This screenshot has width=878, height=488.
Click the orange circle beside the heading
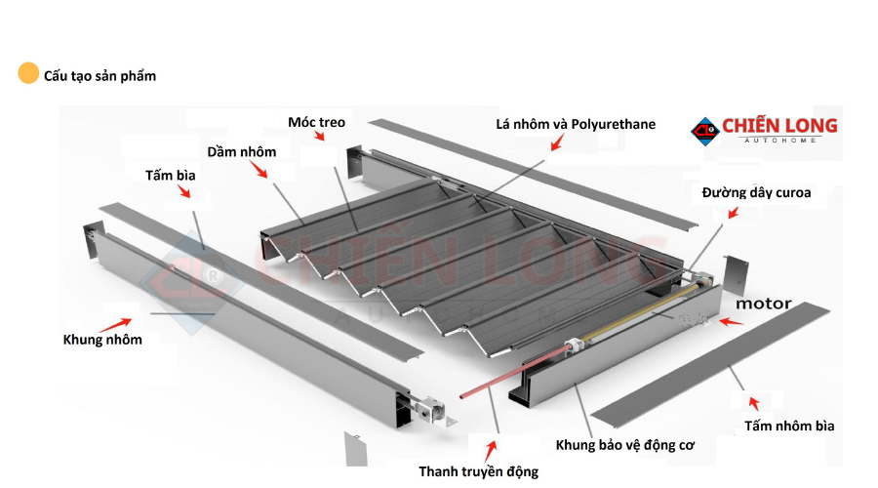(x=28, y=74)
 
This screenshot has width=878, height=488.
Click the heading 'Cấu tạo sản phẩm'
(x=100, y=75)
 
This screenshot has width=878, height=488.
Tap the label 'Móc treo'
(x=316, y=122)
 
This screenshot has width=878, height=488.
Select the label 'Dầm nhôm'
(x=241, y=151)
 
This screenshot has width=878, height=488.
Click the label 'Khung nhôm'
(x=102, y=340)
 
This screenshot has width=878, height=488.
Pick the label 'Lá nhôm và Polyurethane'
(x=576, y=124)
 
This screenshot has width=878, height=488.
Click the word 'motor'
(x=763, y=304)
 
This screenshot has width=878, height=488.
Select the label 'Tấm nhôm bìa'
(x=789, y=426)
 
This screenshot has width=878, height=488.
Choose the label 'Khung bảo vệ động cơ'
(x=624, y=445)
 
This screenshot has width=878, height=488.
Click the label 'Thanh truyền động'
(x=478, y=471)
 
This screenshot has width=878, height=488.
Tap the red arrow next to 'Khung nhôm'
(x=121, y=321)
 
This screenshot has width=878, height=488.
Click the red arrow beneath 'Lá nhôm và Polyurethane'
(x=557, y=143)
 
